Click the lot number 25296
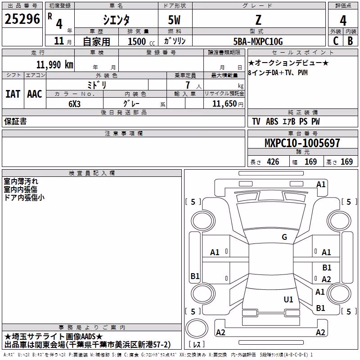22,19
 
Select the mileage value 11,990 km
54,65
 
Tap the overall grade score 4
343,21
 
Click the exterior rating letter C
336,41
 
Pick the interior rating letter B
350,41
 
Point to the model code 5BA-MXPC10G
258,41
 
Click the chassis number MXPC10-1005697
302,143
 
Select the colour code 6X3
74,104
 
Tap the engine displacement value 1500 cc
141,41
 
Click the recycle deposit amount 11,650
224,104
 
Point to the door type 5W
174,20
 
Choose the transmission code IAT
13,94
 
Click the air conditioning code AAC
35,94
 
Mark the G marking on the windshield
284,237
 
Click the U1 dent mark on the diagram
288,299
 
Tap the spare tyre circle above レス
197,328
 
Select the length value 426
273,162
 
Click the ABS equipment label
272,121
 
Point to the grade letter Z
258,20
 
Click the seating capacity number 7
188,85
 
